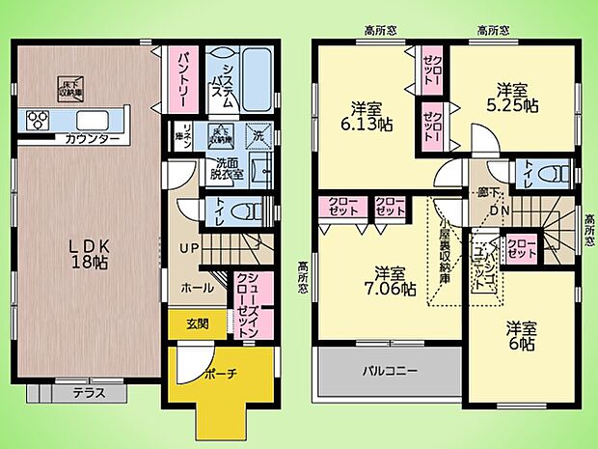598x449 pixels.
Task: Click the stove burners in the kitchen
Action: pyautogui.click(x=40, y=121)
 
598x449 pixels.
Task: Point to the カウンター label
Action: pyautogui.click(x=93, y=140)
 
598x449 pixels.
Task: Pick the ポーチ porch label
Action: pyautogui.click(x=221, y=372)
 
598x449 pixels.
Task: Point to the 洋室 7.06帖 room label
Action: pyautogui.click(x=394, y=280)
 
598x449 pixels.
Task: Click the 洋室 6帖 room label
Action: pyautogui.click(x=522, y=337)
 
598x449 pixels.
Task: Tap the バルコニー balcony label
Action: pyautogui.click(x=390, y=370)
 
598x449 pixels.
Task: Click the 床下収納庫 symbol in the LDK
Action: pyautogui.click(x=70, y=85)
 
